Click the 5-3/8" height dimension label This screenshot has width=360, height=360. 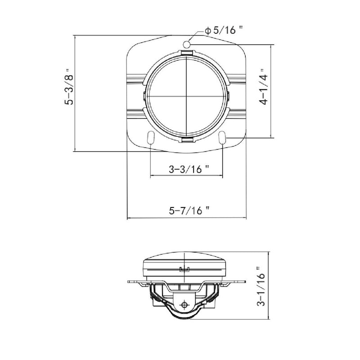tap(68, 87)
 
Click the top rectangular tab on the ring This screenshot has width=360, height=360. tap(186, 54)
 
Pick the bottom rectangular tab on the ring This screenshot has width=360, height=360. tap(186, 140)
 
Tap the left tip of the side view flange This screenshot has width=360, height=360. tap(130, 282)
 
